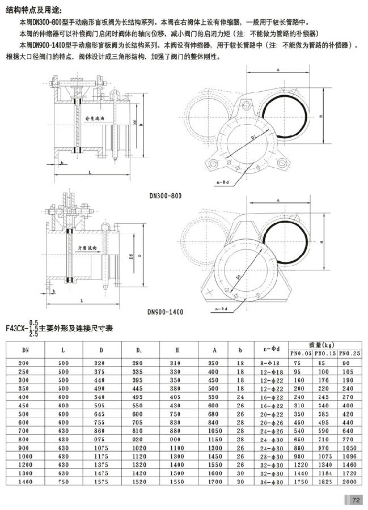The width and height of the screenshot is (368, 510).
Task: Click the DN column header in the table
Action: [24, 350]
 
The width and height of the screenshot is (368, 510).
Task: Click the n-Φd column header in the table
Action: [268, 348]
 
